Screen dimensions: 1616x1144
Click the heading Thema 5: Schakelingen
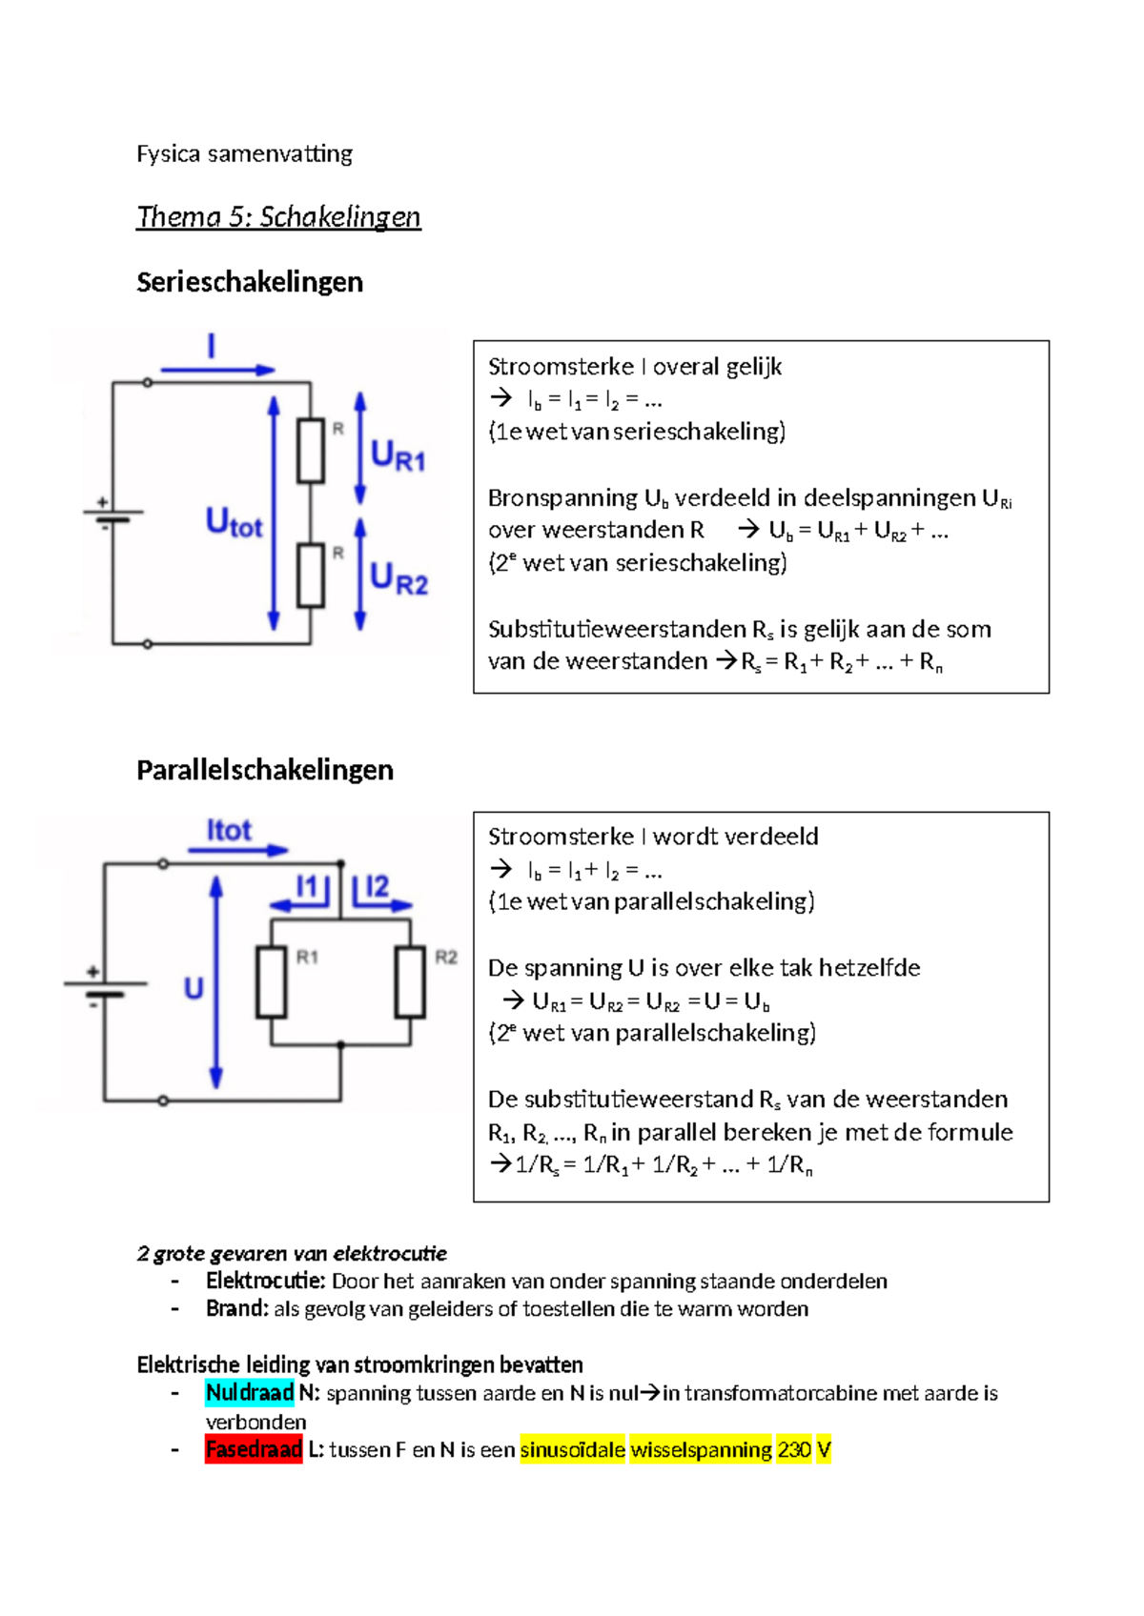(278, 217)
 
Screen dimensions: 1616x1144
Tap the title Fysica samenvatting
(244, 153)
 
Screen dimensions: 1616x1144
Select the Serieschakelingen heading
(250, 282)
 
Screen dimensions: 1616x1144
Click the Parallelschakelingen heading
(265, 770)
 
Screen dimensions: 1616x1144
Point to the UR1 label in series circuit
(398, 455)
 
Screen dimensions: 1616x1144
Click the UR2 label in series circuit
(398, 578)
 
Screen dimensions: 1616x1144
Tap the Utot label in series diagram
(234, 523)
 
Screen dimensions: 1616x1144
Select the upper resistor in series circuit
(311, 451)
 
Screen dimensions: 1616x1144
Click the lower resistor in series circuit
(311, 576)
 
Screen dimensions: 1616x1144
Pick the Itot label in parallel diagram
(229, 831)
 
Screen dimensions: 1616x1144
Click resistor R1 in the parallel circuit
(272, 982)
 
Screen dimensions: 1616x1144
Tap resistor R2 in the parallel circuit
(410, 982)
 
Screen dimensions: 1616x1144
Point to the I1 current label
(307, 888)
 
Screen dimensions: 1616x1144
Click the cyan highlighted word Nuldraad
(250, 1393)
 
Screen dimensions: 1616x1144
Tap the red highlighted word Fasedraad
(254, 1450)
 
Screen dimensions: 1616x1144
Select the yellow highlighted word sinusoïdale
(572, 1450)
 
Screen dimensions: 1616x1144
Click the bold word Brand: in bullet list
(237, 1309)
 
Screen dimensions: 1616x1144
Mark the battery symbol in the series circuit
(112, 515)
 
